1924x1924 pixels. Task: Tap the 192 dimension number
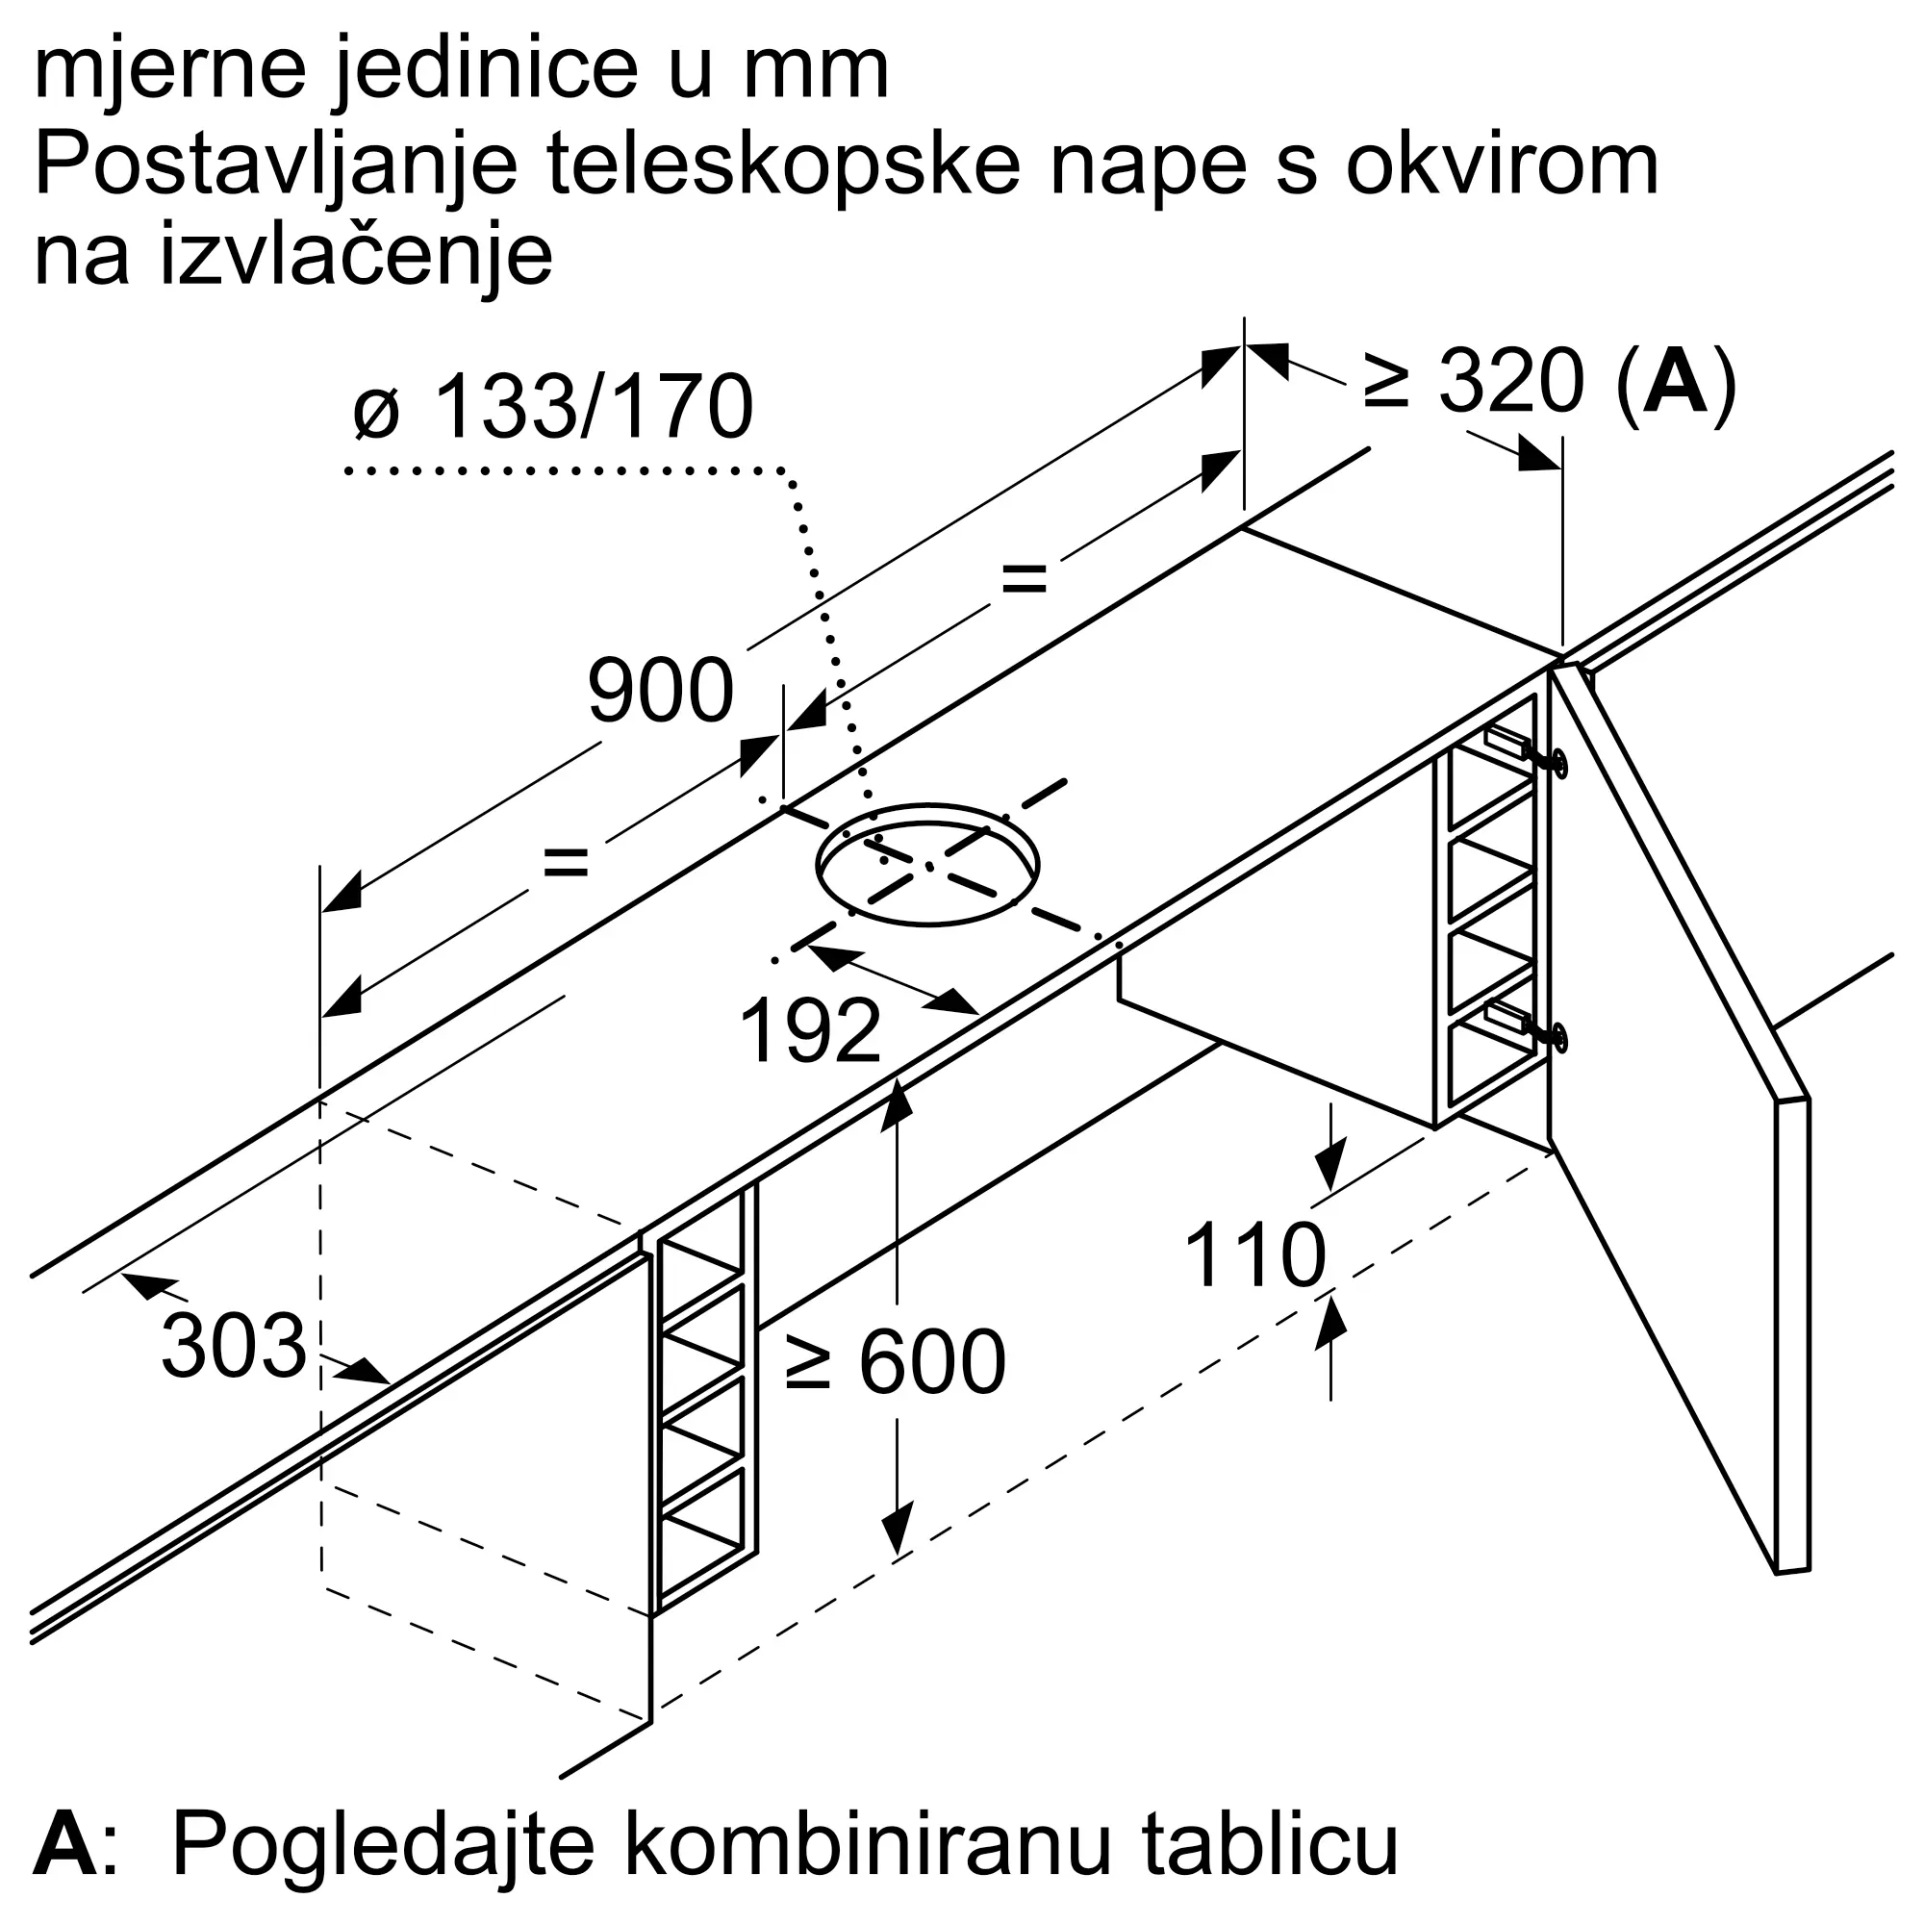point(811,1031)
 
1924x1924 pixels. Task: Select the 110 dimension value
point(1254,1256)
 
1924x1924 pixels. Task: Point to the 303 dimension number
point(233,1347)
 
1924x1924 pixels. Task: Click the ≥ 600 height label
point(896,1363)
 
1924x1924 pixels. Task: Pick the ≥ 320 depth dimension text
point(1473,381)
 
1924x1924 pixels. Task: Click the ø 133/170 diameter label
point(553,406)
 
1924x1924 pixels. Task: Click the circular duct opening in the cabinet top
point(927,865)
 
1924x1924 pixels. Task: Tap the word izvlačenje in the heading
point(356,258)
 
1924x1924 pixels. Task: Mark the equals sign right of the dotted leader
point(1025,577)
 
